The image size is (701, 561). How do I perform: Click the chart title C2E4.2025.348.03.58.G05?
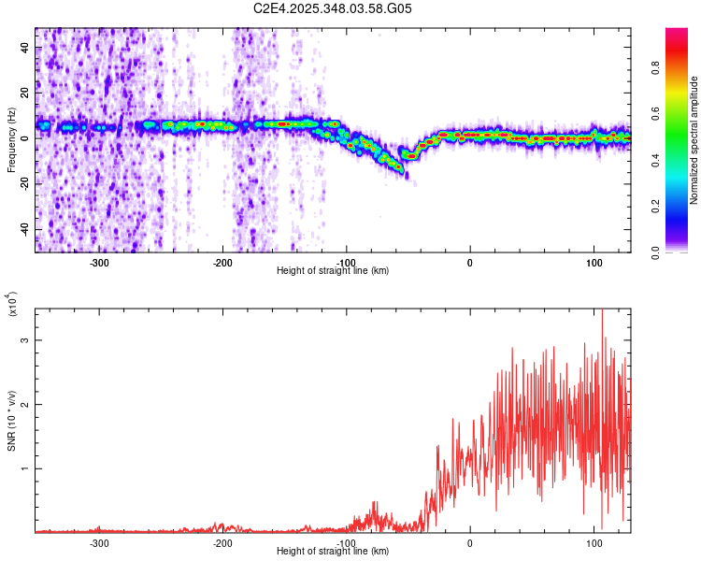click(x=334, y=8)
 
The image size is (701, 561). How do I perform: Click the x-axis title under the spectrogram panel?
click(x=333, y=270)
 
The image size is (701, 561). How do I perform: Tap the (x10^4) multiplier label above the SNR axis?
click(x=11, y=305)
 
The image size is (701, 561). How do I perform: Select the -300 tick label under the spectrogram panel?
click(x=99, y=261)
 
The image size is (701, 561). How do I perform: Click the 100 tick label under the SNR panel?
click(x=594, y=541)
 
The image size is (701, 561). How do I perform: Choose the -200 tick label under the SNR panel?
click(x=222, y=541)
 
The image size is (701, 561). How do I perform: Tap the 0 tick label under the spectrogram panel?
click(x=470, y=261)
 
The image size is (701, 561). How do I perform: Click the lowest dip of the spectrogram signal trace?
click(x=403, y=172)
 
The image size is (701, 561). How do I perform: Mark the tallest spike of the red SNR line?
click(x=602, y=310)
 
